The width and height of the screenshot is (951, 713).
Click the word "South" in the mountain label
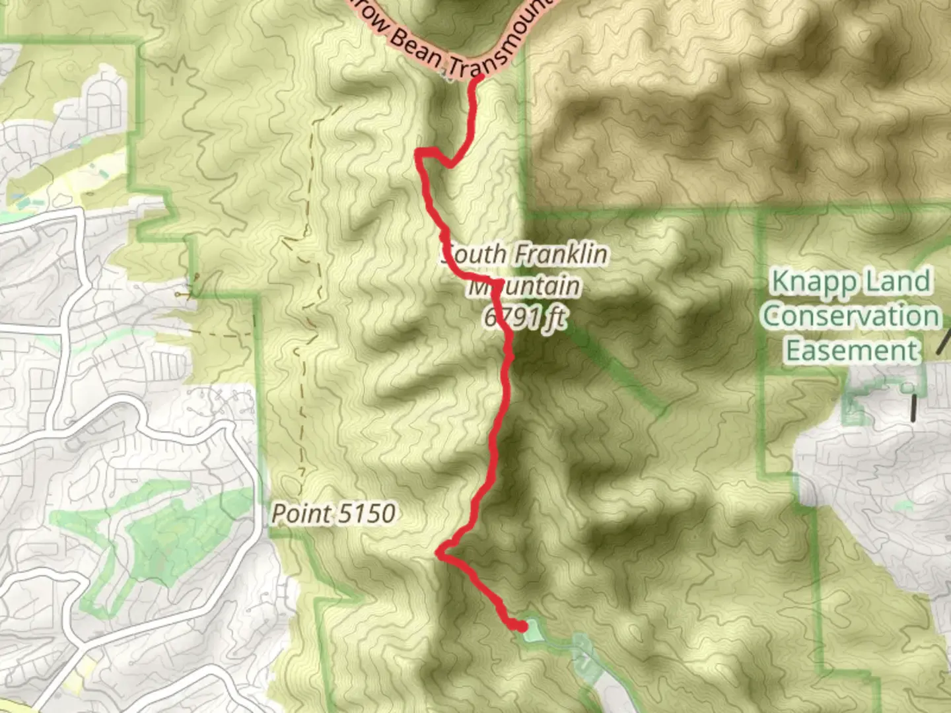[x=474, y=255]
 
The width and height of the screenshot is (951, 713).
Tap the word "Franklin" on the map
[x=561, y=254]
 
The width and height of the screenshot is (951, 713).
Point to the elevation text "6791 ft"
[x=525, y=318]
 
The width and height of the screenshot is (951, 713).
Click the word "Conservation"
[x=850, y=316]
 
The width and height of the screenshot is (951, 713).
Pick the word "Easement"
[x=852, y=350]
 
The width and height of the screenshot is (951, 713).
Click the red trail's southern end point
[x=522, y=626]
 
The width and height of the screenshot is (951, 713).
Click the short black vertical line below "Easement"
[x=914, y=407]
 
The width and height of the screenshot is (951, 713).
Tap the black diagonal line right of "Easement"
[x=945, y=341]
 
